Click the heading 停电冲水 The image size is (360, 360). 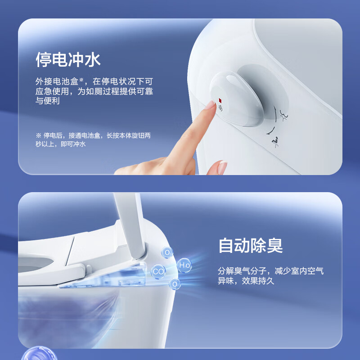click(x=68, y=60)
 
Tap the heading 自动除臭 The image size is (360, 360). click(x=251, y=246)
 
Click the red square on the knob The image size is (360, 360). click(x=220, y=101)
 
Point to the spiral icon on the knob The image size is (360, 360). click(x=220, y=108)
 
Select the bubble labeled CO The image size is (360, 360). click(x=158, y=271)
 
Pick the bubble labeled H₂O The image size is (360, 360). click(x=184, y=265)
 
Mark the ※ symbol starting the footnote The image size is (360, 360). click(x=38, y=135)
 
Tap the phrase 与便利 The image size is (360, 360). click(x=47, y=101)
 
